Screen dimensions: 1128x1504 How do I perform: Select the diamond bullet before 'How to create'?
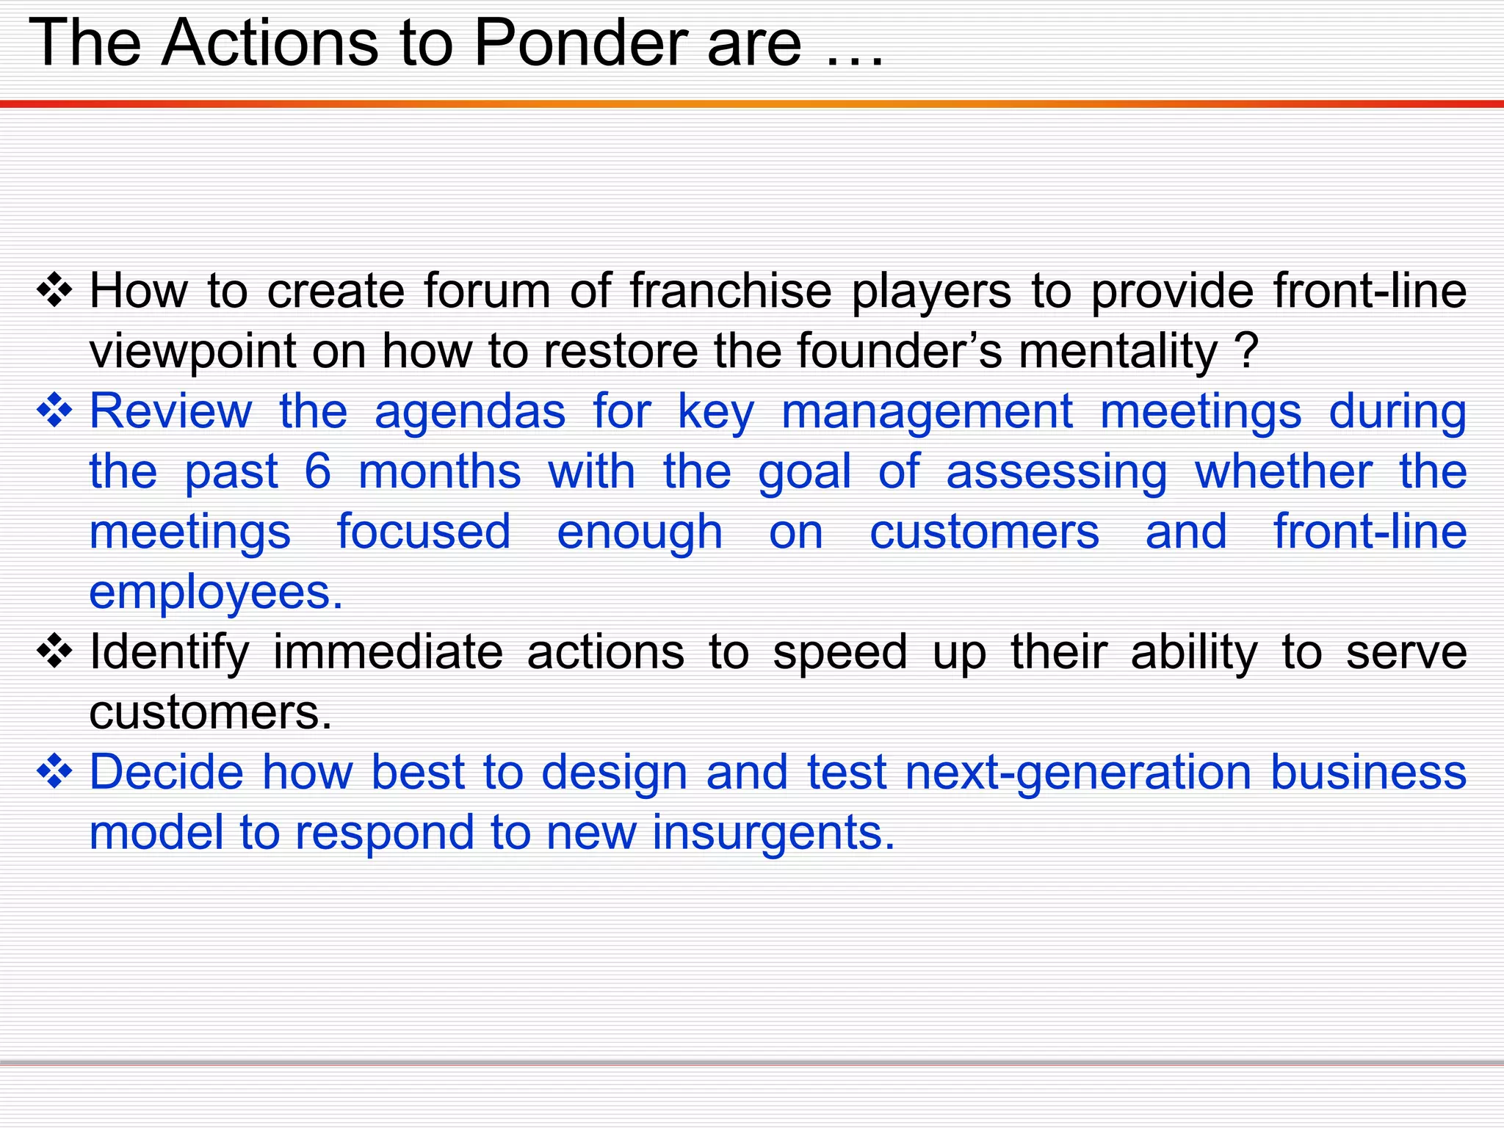pyautogui.click(x=55, y=291)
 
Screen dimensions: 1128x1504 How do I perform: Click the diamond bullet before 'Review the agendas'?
pyautogui.click(x=55, y=411)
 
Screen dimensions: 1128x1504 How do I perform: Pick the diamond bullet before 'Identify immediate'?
pyautogui.click(x=55, y=652)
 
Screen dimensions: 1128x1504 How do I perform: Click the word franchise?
pyautogui.click(x=731, y=291)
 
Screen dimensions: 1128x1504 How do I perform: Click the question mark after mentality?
pyautogui.click(x=1247, y=351)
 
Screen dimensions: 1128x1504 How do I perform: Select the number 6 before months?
pyautogui.click(x=317, y=471)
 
